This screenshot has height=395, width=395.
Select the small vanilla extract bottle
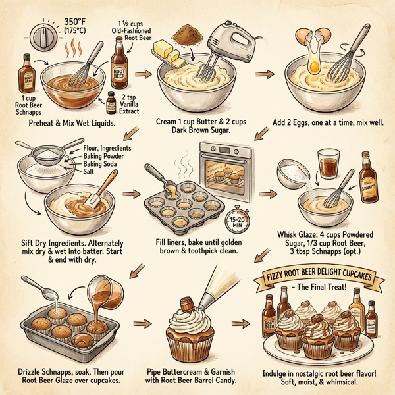(112, 102)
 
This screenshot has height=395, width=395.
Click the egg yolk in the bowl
(315, 66)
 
